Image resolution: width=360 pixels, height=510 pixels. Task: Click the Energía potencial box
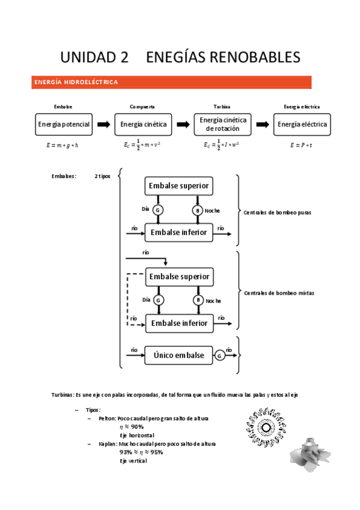[63, 124]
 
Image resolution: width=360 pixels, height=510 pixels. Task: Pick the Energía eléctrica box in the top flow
[302, 124]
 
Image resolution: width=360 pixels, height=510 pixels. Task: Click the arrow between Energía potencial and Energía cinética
[103, 124]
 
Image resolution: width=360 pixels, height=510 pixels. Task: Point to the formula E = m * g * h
[63, 145]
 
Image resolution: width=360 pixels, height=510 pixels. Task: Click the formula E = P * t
[301, 145]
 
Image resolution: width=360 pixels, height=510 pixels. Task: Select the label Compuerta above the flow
[142, 106]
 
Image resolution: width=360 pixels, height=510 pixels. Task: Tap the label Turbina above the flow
[222, 106]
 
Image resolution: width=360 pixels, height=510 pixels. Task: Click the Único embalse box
[178, 355]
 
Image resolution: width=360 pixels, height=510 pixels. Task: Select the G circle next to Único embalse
[220, 355]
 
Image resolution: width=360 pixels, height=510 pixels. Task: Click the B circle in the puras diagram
[197, 210]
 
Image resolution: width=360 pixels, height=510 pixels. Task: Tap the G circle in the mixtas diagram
[159, 300]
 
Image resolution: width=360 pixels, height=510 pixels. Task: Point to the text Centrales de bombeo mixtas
[279, 293]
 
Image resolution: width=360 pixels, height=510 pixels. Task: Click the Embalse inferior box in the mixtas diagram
[179, 323]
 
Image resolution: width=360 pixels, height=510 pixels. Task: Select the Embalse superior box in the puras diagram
[179, 186]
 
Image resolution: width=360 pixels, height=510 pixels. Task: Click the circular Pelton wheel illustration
[264, 426]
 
